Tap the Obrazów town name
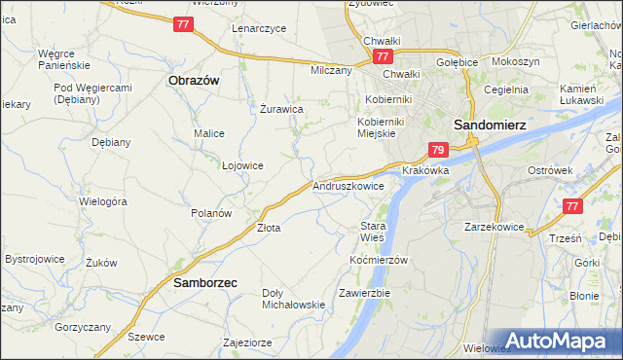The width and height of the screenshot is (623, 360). [x=192, y=81]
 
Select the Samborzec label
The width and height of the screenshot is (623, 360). [x=205, y=283]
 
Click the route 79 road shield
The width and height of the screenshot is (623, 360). [x=438, y=150]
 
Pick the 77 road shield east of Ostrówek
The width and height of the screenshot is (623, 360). [x=573, y=206]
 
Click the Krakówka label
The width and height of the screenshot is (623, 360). [x=425, y=169]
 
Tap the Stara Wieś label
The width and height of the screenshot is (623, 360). [x=374, y=232]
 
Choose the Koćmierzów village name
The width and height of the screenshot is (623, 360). [x=378, y=260]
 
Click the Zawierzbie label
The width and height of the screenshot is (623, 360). [x=365, y=292]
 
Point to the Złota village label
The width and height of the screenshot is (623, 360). [x=269, y=228]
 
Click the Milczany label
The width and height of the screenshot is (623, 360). [x=330, y=70]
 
